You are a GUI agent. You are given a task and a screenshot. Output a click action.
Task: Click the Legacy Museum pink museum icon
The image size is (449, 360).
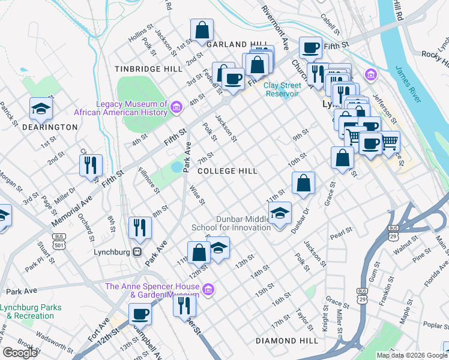coord(176,108)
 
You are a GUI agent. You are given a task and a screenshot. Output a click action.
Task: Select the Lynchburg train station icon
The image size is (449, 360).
coord(137,252)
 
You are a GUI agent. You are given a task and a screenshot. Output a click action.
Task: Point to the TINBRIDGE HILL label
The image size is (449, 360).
coord(148,69)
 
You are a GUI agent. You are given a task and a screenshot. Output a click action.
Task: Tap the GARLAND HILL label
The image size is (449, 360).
coord(236,44)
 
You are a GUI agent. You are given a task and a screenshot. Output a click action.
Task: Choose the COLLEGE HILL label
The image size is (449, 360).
coord(228,171)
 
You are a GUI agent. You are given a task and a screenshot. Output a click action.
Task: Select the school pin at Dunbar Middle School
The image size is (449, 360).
coord(279,214)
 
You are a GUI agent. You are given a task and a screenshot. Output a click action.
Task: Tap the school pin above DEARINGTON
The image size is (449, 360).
coord(41,109)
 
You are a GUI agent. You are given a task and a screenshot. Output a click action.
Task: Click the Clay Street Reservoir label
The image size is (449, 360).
coord(282,89)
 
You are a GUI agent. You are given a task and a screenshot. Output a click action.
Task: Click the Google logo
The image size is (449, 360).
coord(20,353)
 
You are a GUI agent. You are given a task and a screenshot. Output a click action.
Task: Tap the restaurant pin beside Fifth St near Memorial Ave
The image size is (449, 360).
coord(91,165)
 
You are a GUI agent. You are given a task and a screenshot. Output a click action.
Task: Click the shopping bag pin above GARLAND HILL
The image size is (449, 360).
coord(202,29)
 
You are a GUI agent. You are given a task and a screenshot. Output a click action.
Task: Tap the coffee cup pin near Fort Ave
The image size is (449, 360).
coord(140,313)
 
